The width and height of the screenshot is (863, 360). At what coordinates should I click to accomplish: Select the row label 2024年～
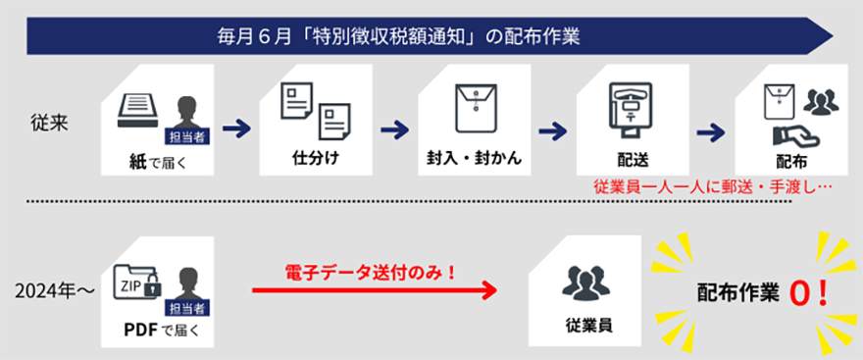click(x=49, y=291)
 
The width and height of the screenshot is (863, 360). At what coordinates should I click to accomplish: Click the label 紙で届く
click(x=158, y=158)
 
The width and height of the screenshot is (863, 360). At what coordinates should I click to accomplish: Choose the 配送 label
click(x=628, y=158)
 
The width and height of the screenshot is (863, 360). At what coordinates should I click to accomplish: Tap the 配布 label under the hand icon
click(x=791, y=158)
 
